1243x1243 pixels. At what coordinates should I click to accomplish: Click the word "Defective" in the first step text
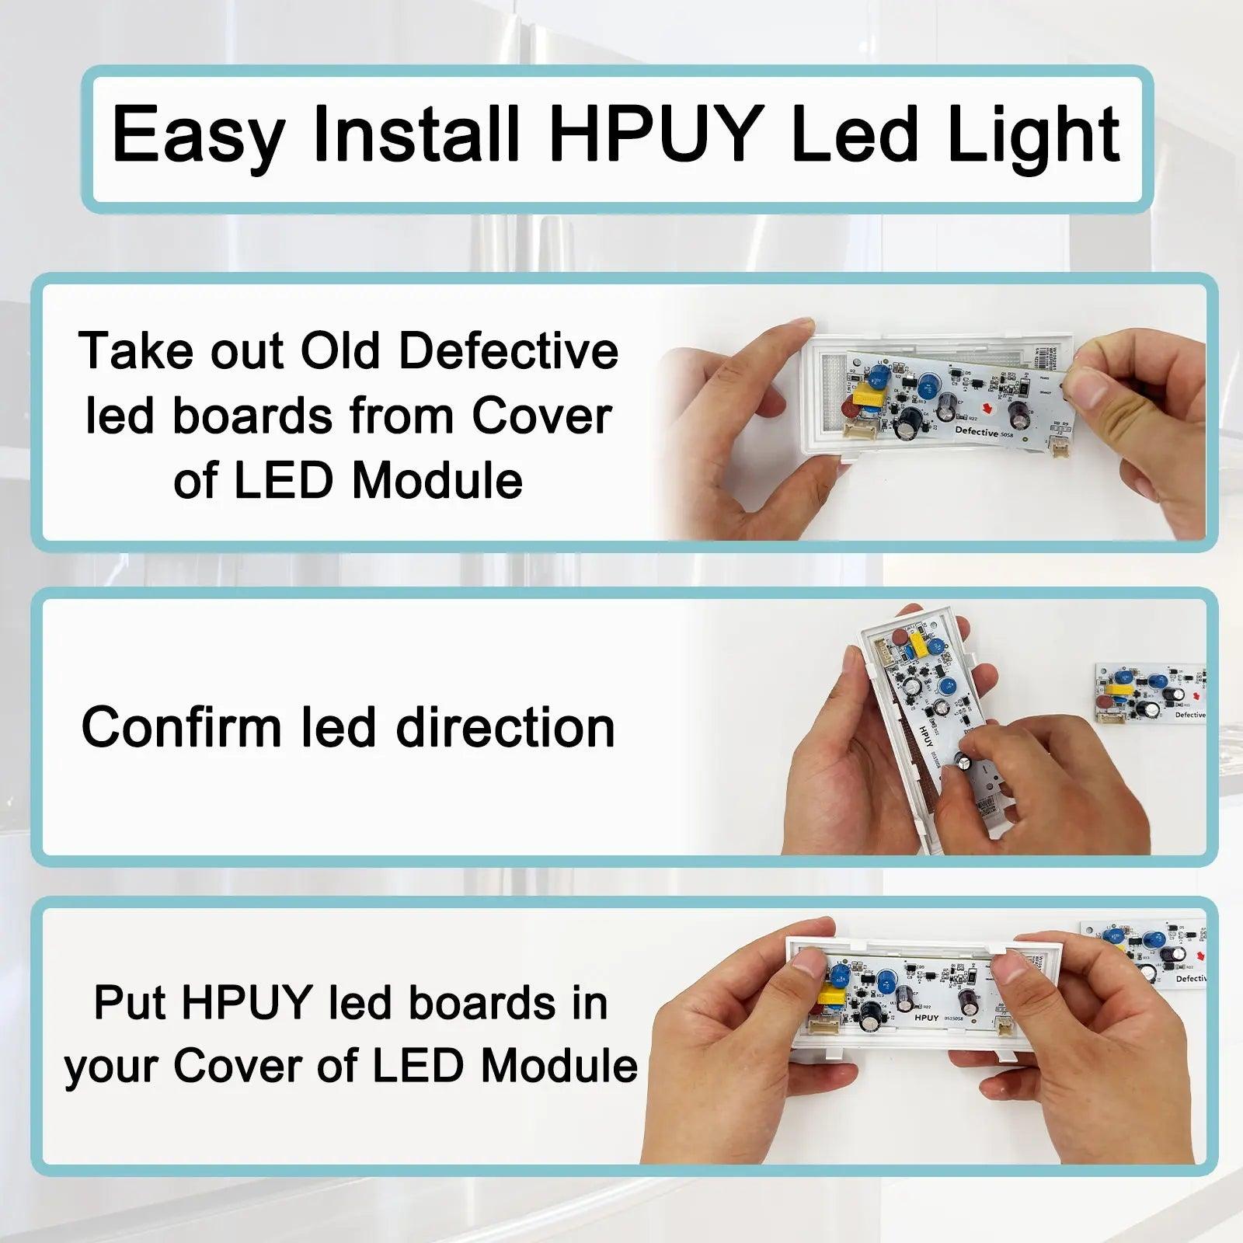coord(508,351)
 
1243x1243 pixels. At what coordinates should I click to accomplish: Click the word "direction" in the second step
coord(505,728)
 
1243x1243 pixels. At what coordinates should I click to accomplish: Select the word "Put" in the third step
coord(129,1003)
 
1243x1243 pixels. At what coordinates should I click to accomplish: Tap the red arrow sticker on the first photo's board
coord(987,407)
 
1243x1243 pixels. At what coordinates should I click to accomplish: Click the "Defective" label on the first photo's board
coord(976,431)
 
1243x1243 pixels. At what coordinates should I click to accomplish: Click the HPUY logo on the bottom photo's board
coord(926,1017)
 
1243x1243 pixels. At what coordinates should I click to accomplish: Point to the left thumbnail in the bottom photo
coord(809,963)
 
